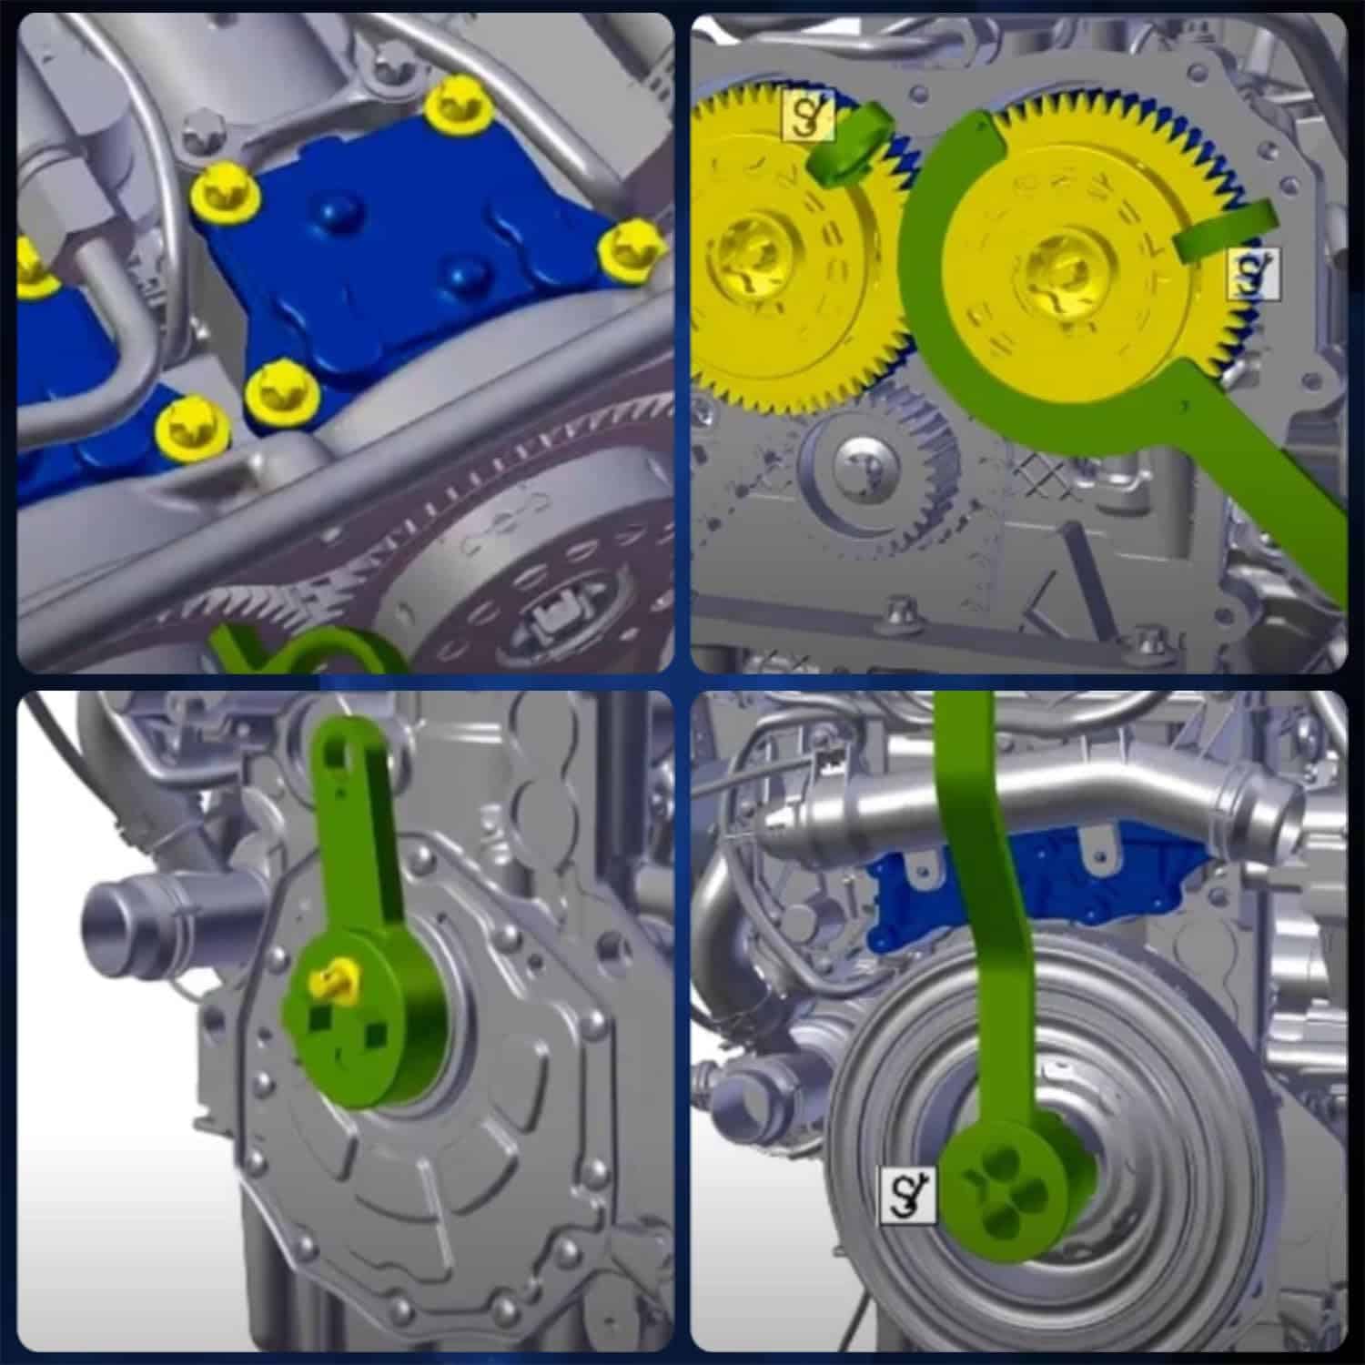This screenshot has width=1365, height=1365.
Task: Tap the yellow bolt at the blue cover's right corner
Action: tap(629, 248)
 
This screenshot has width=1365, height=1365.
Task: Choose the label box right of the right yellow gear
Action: tap(1253, 274)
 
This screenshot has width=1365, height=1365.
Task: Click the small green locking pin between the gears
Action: tap(846, 146)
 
